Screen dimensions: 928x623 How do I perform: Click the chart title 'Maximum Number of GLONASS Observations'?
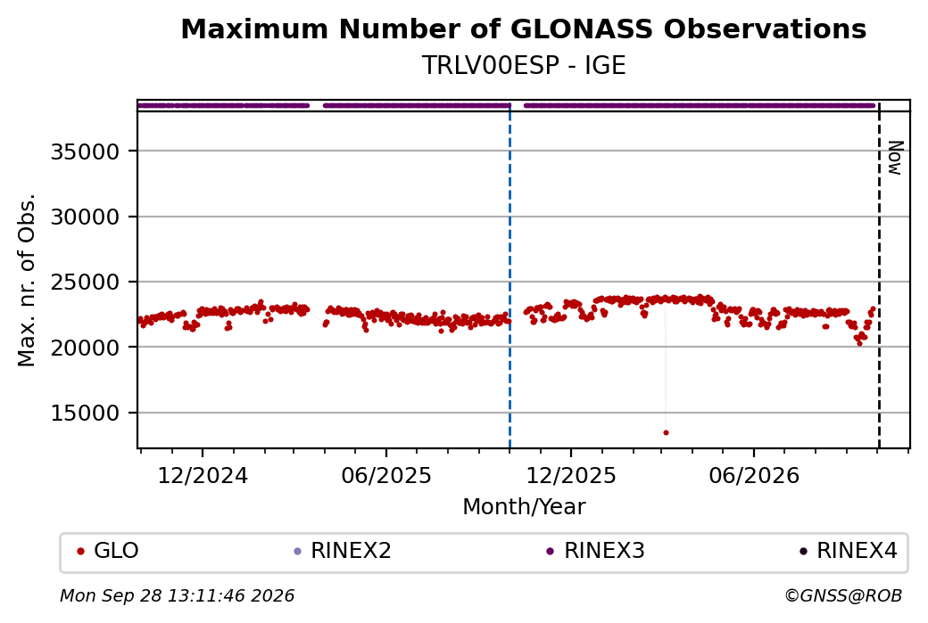[523, 29]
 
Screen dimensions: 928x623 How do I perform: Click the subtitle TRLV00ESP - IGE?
[523, 66]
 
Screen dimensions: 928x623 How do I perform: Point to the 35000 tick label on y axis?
[86, 152]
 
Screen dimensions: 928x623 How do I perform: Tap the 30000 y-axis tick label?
[86, 217]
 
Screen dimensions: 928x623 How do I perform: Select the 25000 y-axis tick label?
[86, 283]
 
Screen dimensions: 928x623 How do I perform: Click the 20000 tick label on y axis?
[86, 348]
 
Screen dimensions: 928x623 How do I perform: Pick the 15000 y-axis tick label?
[86, 414]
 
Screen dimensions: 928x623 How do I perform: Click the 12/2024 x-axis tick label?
[203, 475]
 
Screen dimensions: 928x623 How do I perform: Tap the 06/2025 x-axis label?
[385, 475]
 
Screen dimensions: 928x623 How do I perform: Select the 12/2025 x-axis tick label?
[571, 475]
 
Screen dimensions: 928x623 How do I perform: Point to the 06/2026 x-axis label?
[754, 475]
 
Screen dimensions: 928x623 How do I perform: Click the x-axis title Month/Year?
[524, 507]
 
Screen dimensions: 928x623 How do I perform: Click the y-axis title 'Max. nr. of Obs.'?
[27, 280]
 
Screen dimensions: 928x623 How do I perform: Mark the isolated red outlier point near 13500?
[666, 432]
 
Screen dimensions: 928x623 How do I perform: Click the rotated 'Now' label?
[895, 158]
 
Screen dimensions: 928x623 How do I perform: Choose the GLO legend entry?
[108, 551]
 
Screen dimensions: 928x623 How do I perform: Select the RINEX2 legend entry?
[343, 551]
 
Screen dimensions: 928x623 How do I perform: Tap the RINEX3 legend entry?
[595, 551]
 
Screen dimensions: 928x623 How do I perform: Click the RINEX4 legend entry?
[848, 551]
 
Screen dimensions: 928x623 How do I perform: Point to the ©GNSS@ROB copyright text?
[843, 595]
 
